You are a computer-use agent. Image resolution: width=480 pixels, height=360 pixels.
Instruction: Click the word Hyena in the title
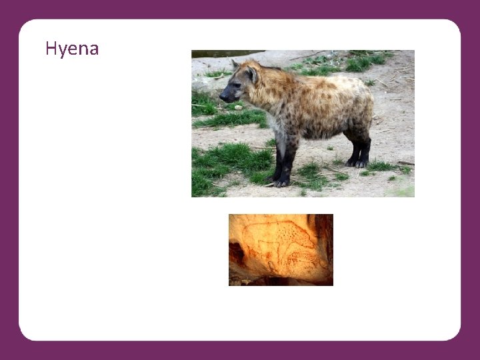[x=72, y=49]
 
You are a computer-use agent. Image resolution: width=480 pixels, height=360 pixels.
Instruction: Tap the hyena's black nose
[x=223, y=97]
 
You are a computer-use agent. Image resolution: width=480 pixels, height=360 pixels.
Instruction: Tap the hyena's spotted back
[x=313, y=87]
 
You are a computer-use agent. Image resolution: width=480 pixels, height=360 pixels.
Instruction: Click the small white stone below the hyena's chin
[x=238, y=107]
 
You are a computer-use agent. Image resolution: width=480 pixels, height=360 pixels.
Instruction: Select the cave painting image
[x=281, y=250]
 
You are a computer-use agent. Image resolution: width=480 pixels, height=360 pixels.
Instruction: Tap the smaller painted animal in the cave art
[x=303, y=259]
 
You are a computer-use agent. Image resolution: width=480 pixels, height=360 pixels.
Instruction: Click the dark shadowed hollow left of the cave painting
[x=235, y=253]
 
